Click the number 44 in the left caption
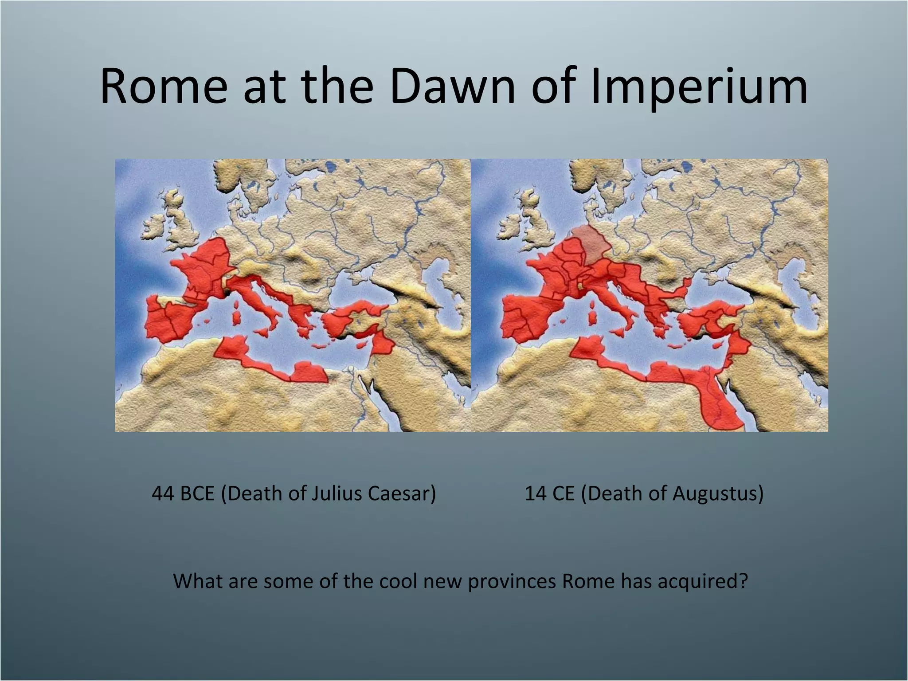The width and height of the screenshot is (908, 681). pos(163,493)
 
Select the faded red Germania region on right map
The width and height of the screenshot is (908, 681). pos(590,244)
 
